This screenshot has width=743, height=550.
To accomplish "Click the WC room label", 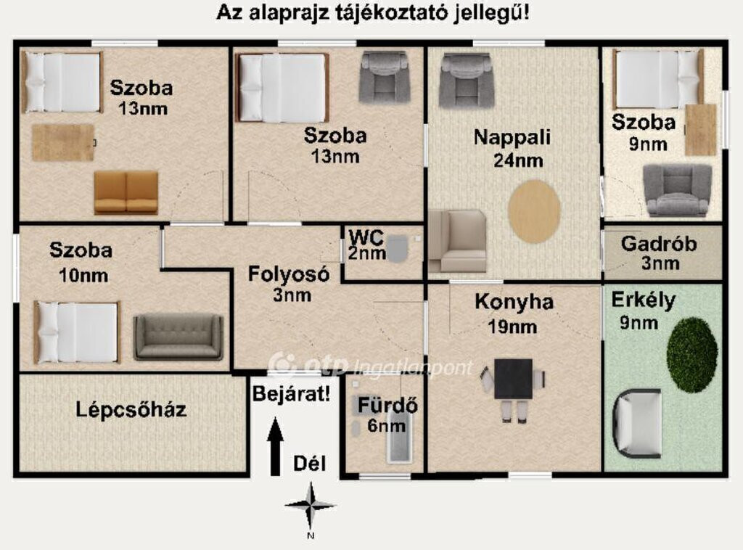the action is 366,237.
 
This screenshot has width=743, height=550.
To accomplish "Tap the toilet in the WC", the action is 398,249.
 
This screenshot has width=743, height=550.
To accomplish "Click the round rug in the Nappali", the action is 535,211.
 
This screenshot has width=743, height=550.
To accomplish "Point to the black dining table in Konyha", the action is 513,379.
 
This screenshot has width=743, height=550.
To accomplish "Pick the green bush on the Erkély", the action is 691,355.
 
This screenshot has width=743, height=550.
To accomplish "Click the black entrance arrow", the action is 276,446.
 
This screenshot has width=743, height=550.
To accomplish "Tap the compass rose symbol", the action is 311,506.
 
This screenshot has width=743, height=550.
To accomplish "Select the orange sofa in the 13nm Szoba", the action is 126,192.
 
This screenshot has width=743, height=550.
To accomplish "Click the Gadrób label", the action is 659,244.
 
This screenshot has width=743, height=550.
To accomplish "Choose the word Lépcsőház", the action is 131,409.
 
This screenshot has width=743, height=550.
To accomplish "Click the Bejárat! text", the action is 292,394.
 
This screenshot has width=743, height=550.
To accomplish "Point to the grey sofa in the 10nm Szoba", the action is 178,337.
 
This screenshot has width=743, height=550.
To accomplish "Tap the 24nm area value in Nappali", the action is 518,160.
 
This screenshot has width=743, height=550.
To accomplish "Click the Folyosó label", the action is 289,275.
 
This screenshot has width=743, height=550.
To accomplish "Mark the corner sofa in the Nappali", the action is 457,242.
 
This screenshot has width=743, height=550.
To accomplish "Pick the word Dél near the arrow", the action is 309,464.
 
